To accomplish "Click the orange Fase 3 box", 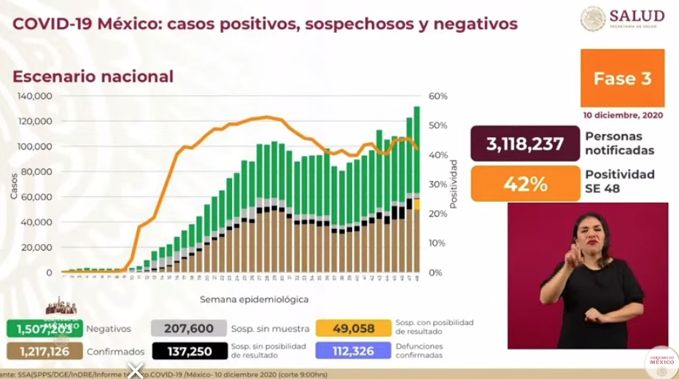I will tap(622, 79).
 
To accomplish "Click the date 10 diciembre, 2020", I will tap(623, 115).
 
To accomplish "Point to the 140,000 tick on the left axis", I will tap(35, 96).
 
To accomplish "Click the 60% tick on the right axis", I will tap(438, 96).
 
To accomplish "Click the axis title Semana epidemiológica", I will tap(254, 299).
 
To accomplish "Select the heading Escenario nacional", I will tap(93, 77).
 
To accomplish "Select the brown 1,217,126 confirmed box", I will tap(44, 351).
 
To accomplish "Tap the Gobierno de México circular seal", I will tap(661, 362).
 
